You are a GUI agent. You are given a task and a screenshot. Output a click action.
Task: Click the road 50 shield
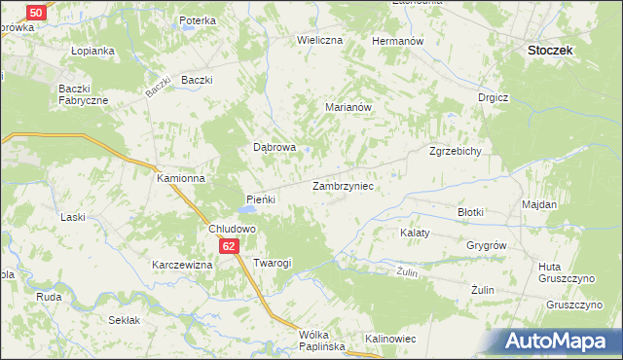35,12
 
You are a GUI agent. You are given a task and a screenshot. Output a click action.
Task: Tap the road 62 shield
228,247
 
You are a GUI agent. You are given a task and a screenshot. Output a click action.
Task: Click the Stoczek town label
549,49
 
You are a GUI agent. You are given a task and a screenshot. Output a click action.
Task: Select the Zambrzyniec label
343,185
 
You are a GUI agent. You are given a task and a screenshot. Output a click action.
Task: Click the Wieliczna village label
320,41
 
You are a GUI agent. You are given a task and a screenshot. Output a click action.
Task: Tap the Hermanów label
397,42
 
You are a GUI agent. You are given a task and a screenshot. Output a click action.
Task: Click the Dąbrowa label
275,148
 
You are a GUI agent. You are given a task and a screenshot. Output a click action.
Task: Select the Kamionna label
181,179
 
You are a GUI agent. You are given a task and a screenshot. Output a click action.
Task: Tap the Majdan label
539,205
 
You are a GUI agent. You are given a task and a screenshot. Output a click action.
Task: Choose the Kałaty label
416,234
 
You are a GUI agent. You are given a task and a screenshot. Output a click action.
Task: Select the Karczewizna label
181,265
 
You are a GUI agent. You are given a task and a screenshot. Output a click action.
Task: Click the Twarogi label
273,264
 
